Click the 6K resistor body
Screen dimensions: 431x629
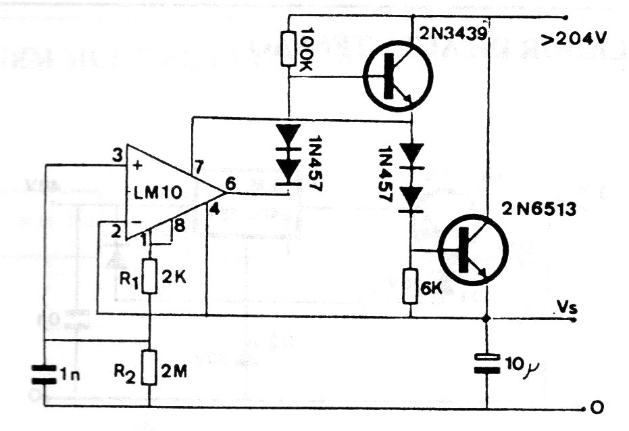coord(411,285)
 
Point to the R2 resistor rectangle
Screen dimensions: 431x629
coord(149,367)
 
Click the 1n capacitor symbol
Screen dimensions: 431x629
coord(45,373)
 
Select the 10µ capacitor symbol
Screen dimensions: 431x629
coord(486,363)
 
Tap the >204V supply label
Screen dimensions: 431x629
coord(575,40)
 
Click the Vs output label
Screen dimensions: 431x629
coord(565,308)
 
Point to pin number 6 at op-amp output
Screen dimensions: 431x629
coord(230,182)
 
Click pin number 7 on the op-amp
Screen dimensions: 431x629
coord(199,166)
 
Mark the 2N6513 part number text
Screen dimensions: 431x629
coord(538,209)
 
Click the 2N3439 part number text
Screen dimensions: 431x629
coord(452,35)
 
